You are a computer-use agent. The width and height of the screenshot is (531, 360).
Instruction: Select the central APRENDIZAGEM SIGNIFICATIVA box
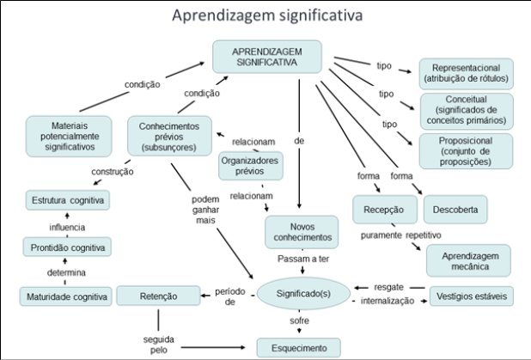click(x=267, y=58)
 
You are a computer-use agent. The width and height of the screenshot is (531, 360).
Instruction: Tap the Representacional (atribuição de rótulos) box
click(x=466, y=73)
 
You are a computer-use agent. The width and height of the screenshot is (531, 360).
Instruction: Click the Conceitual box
click(x=466, y=112)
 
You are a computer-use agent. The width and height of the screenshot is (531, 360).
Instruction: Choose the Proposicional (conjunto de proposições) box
click(x=466, y=149)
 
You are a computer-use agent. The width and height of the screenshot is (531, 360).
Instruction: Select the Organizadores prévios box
click(x=248, y=165)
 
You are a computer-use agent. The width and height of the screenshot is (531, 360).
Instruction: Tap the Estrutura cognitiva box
click(x=67, y=201)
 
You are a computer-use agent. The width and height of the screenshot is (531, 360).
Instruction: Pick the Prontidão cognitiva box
click(x=67, y=247)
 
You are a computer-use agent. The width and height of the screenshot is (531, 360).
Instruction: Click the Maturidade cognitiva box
click(x=67, y=297)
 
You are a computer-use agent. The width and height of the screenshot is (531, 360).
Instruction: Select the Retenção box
click(x=158, y=296)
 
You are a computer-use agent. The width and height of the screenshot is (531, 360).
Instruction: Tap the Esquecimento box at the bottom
click(x=298, y=348)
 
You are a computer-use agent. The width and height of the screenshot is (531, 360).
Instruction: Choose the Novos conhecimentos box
click(x=298, y=231)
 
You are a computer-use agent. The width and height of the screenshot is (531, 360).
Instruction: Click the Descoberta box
click(x=455, y=208)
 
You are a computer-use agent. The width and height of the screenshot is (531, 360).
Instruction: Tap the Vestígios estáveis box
click(x=471, y=296)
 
